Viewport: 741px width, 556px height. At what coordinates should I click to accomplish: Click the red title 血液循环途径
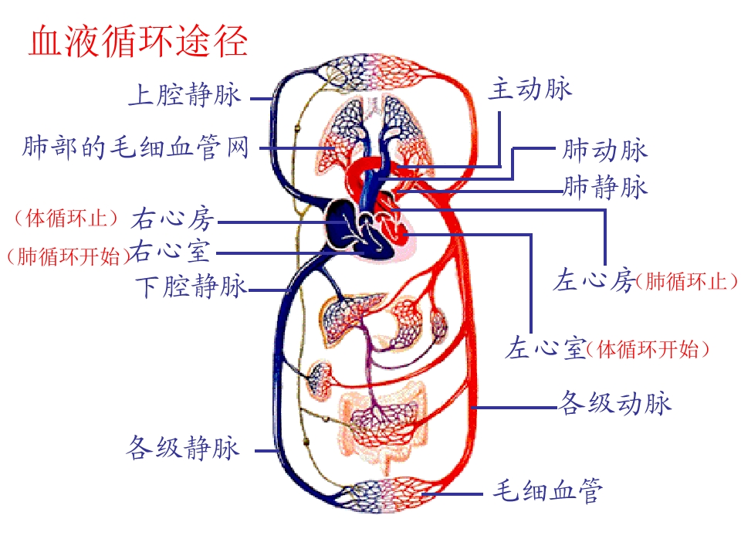(x=138, y=41)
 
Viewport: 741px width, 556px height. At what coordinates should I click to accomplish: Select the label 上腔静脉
(x=184, y=94)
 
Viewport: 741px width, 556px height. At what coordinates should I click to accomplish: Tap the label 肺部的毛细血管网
(x=136, y=147)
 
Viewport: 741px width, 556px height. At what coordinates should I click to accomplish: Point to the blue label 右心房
(x=172, y=219)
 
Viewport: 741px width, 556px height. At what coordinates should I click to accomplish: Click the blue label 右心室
(x=170, y=251)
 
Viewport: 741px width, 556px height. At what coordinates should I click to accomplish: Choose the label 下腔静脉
(x=191, y=286)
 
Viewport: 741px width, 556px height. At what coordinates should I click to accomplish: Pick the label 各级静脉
(x=183, y=447)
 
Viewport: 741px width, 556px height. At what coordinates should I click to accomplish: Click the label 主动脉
(x=530, y=89)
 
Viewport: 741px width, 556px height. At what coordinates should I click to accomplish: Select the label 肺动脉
(x=604, y=151)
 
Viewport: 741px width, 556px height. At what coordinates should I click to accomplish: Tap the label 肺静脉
(x=604, y=187)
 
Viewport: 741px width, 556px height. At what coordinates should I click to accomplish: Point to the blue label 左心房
(x=594, y=280)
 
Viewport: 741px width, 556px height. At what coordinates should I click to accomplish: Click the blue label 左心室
(x=546, y=348)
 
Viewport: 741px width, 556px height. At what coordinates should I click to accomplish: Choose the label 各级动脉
(x=615, y=403)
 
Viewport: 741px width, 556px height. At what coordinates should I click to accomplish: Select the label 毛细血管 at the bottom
(x=547, y=490)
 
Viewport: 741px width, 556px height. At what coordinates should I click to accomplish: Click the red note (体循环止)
(x=66, y=219)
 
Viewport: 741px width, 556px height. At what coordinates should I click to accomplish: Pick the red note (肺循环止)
(x=687, y=282)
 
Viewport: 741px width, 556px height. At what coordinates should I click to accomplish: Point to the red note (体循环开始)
(x=648, y=350)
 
